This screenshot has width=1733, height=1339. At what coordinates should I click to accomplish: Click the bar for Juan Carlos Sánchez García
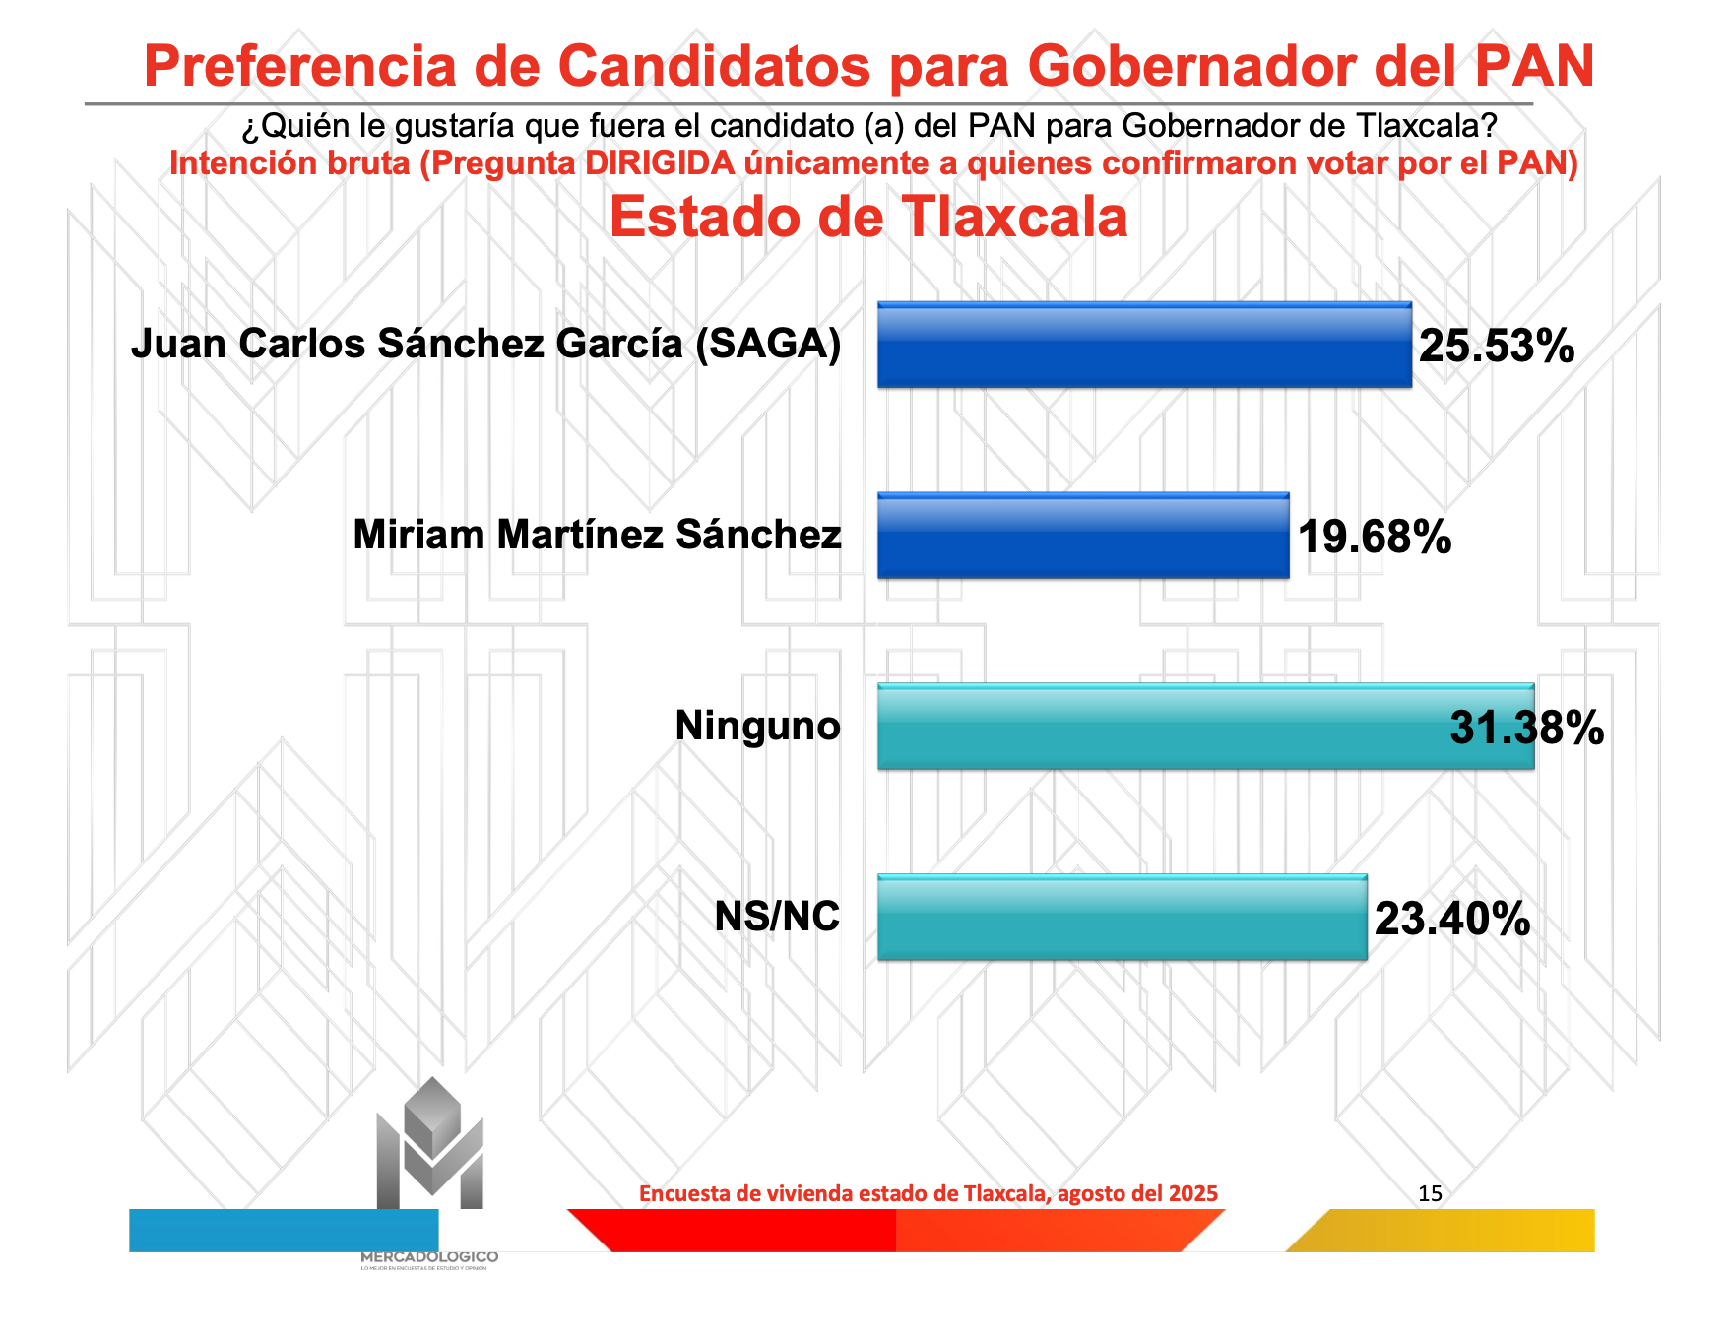click(x=1144, y=345)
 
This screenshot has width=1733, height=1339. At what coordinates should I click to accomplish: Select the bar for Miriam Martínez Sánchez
click(x=1083, y=536)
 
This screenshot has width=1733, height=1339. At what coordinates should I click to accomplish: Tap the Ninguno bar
click(x=1162, y=727)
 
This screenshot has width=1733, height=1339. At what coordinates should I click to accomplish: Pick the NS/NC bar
click(x=1123, y=918)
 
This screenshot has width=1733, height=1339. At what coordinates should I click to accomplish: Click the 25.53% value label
click(x=1497, y=347)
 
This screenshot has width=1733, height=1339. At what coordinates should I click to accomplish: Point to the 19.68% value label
click(x=1375, y=538)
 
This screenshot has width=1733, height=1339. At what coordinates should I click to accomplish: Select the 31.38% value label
click(x=1526, y=729)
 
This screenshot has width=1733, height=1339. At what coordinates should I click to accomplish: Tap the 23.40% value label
click(x=1452, y=920)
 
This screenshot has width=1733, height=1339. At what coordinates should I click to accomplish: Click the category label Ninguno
click(x=757, y=727)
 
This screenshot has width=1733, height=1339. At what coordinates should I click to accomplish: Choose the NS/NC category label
click(x=777, y=917)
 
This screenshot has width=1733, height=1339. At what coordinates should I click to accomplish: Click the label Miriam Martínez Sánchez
click(x=597, y=535)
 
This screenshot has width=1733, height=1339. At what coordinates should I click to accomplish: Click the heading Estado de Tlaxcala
click(x=868, y=218)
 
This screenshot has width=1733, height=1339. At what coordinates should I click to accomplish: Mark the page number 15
click(x=1430, y=1194)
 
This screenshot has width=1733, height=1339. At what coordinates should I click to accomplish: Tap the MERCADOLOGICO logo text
click(x=429, y=1257)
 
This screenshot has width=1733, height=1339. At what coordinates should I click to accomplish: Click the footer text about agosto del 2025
click(x=929, y=1194)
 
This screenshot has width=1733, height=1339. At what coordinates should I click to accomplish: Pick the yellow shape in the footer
click(x=1447, y=1231)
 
